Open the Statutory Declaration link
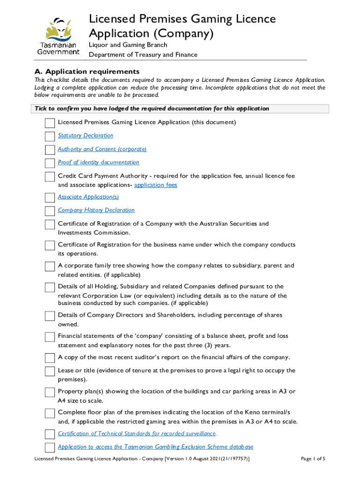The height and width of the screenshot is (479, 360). pos(86,136)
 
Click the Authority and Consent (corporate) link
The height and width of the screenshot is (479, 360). pos(102,149)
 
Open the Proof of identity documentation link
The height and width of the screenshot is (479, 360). pos(98,162)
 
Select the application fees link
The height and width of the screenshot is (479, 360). pos(156,185)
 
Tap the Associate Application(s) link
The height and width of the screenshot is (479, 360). pos(88,197)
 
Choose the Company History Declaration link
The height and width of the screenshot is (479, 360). pos(96,210)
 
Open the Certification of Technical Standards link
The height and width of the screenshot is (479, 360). pos(137,434)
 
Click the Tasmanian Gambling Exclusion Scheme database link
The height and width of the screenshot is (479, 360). pos(155,447)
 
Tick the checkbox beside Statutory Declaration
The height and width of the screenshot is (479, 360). pos(50,137)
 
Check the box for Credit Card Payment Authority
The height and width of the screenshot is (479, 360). pos(50,177)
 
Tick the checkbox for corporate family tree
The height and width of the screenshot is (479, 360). pos(50,267)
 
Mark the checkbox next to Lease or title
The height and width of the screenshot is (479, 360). pos(50,371)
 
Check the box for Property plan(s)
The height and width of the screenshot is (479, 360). pos(50,392)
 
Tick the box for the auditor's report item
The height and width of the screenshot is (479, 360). pos(50,358)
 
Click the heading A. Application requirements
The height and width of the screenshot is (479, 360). pos(87,72)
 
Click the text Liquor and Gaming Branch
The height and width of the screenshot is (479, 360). pos(128,45)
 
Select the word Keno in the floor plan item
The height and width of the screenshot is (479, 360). pos(253,412)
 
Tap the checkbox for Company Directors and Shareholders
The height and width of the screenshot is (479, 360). pos(50,316)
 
